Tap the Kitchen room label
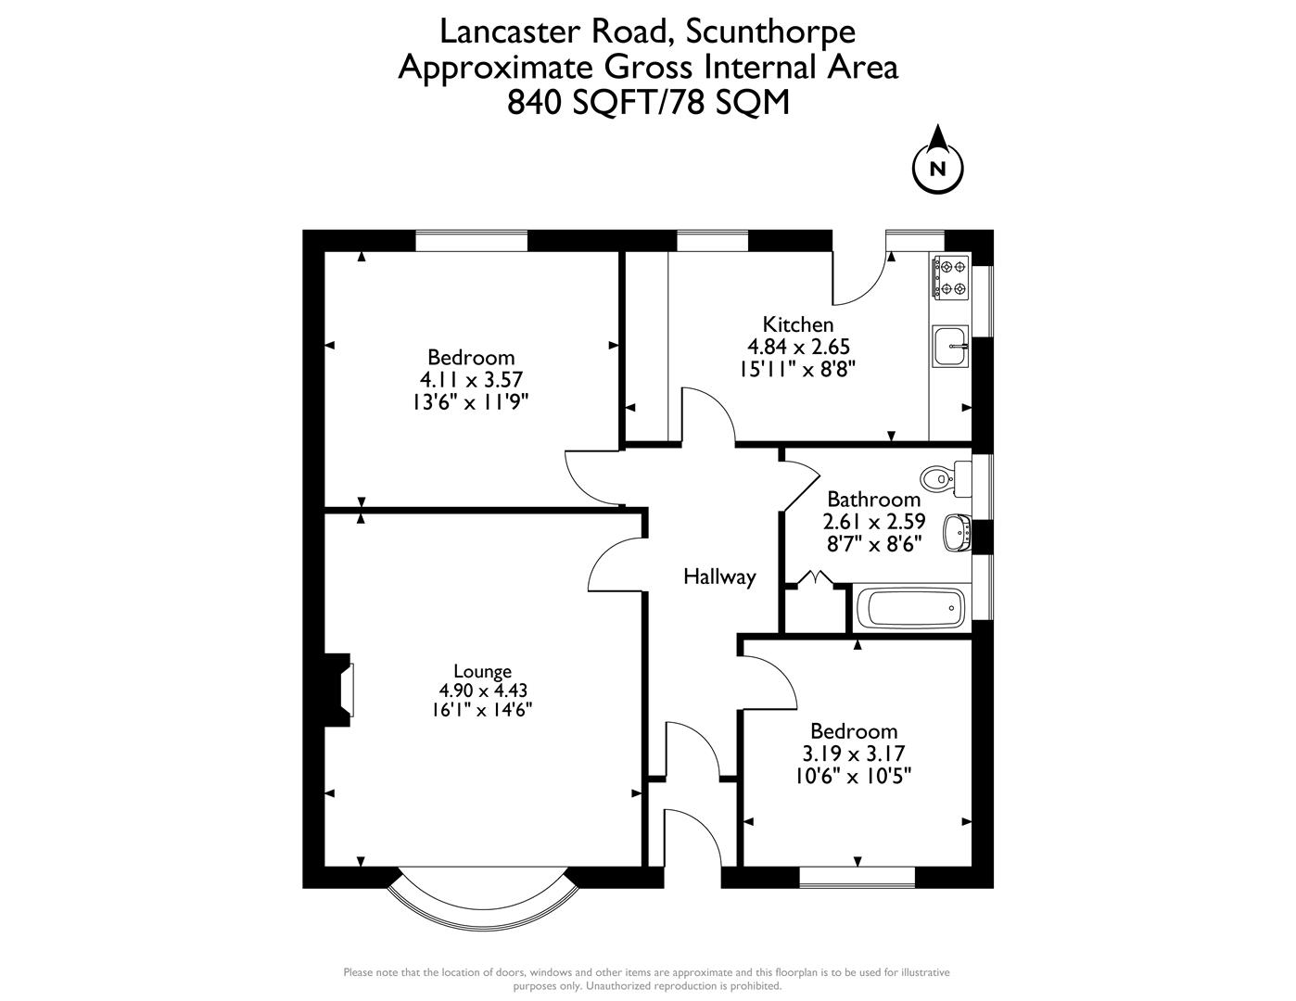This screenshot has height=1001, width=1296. click(x=798, y=324)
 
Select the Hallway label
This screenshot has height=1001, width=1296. click(x=719, y=577)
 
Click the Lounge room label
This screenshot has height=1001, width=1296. click(x=482, y=671)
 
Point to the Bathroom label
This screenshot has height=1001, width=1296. click(x=873, y=500)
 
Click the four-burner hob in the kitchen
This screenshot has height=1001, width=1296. click(x=950, y=277)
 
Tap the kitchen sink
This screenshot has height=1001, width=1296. click(x=950, y=347)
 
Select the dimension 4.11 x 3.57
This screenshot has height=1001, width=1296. click(x=471, y=379)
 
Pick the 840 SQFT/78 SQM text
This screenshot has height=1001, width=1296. click(x=648, y=102)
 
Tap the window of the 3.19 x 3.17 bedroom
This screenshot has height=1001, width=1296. click(x=857, y=876)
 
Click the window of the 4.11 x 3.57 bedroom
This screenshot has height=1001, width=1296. click(x=471, y=240)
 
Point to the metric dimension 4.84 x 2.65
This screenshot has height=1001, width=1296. click(x=798, y=347)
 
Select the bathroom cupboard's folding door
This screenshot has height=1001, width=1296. click(x=816, y=578)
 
